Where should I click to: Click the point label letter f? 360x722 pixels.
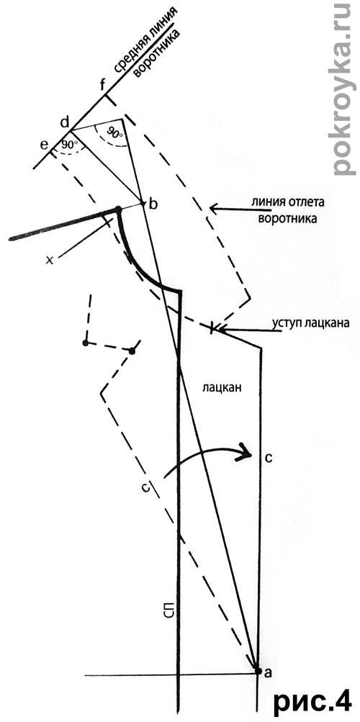coord(103,85)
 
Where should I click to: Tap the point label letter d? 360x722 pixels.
coord(65,122)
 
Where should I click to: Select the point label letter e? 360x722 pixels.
coord(44,145)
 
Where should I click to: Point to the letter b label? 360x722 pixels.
coord(153,204)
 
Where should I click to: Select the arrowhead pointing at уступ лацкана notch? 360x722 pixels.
coord(222,329)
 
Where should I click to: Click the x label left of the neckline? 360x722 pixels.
coord(50,259)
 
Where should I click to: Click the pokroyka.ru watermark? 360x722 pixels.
coord(344,89)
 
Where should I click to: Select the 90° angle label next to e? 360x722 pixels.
coord(69,144)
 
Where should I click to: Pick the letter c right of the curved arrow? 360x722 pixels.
coord(270,458)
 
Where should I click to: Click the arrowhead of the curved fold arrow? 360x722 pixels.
coord(245,449)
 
